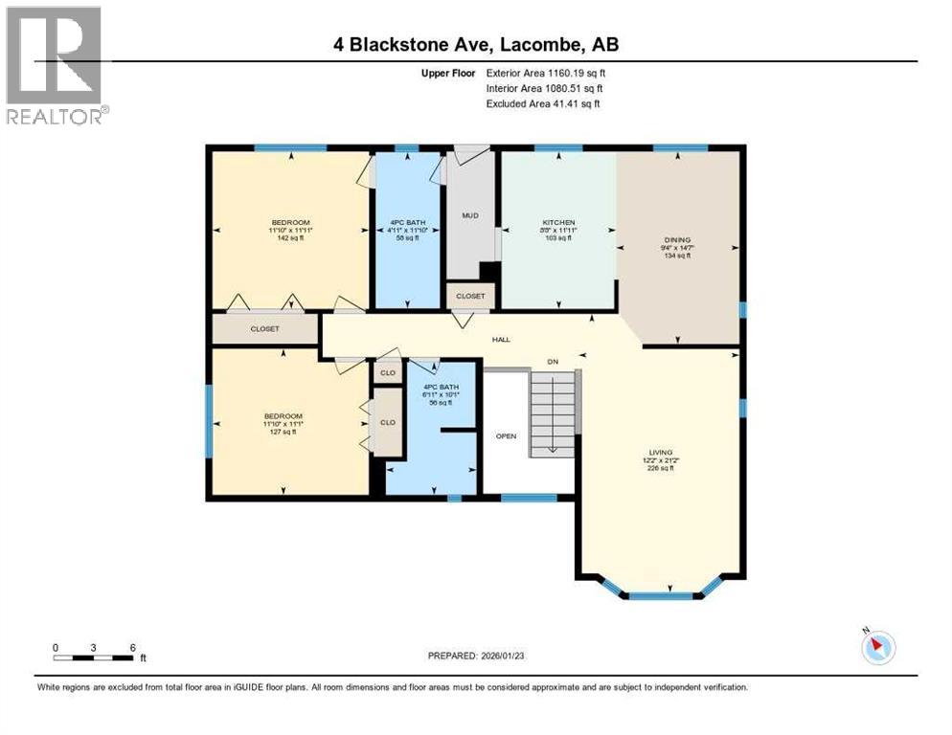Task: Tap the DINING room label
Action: tap(678, 240)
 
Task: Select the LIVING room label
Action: tap(661, 452)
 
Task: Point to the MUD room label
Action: tap(470, 215)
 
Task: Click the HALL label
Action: tap(501, 339)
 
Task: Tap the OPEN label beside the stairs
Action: tap(506, 435)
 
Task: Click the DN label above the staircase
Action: tap(553, 362)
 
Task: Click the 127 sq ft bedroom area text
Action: tap(282, 432)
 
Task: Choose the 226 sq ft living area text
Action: tap(661, 468)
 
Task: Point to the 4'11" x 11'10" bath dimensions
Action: tap(408, 230)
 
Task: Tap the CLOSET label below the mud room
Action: tap(470, 297)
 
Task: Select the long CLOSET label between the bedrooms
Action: tap(264, 328)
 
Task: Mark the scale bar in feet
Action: tap(94, 657)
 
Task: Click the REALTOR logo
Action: tap(55, 65)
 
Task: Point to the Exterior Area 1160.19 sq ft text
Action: tap(546, 73)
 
